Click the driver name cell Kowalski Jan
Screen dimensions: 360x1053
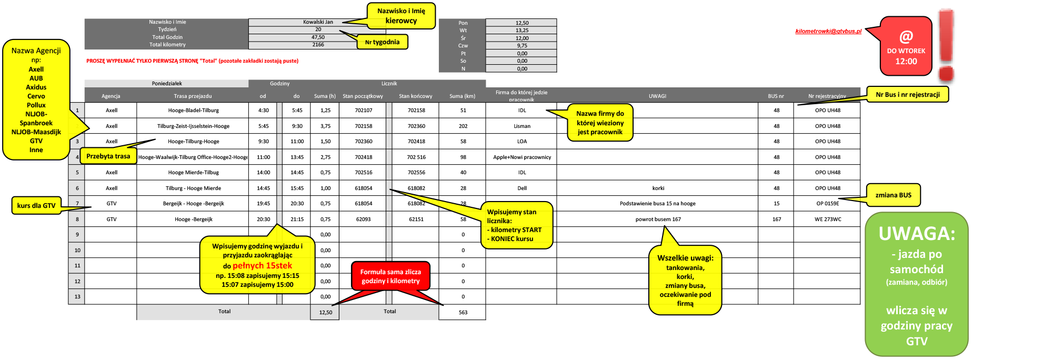click(318, 22)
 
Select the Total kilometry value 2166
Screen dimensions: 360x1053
click(318, 45)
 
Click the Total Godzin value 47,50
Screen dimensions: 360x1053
click(318, 37)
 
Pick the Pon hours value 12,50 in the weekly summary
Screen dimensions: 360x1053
click(522, 23)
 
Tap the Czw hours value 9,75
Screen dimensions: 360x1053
click(522, 46)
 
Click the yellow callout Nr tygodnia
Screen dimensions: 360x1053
click(382, 42)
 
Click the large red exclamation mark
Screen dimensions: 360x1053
click(946, 45)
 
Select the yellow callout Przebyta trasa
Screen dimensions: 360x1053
click(108, 156)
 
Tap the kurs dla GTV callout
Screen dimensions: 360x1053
click(36, 206)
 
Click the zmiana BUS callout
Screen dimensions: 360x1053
click(893, 195)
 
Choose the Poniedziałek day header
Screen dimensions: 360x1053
click(166, 84)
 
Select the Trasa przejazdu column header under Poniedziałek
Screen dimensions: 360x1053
click(193, 96)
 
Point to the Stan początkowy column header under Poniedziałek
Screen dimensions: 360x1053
click(363, 96)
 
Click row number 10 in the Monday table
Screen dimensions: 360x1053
click(77, 251)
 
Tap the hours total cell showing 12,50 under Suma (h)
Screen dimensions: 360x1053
click(325, 313)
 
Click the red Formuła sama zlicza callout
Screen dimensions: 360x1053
click(390, 276)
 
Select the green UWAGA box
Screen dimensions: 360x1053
click(916, 284)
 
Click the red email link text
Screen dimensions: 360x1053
click(828, 32)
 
